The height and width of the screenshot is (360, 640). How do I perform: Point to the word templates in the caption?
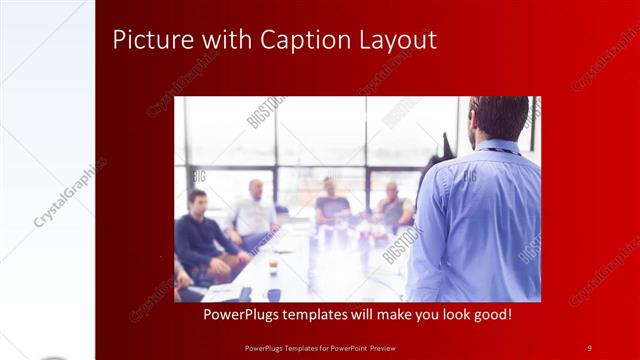pos(336,314)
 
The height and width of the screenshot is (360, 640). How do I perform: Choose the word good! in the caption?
pos(488,314)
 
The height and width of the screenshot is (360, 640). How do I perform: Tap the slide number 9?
pos(589,347)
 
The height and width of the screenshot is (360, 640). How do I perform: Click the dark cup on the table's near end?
pos(272,294)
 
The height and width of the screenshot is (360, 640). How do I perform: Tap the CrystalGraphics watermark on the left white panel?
pos(70,190)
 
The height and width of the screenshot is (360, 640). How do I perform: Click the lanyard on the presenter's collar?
pos(500,151)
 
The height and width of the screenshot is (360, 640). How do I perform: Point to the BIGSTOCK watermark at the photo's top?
pos(266,111)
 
